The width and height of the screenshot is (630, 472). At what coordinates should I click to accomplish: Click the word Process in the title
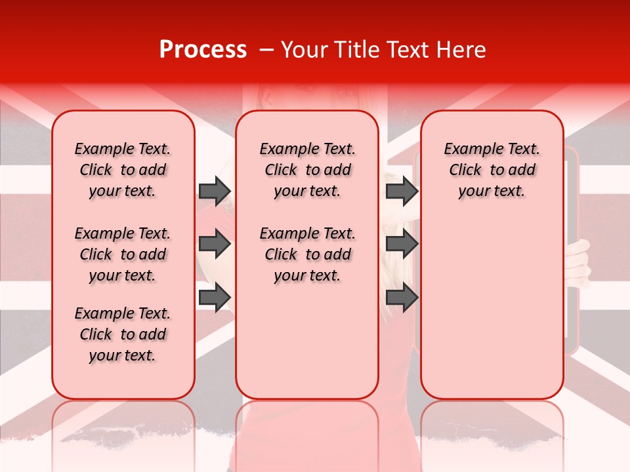click(203, 50)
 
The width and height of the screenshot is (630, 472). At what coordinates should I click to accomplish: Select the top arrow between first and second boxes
click(215, 191)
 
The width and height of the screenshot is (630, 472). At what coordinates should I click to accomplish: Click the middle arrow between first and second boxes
click(215, 245)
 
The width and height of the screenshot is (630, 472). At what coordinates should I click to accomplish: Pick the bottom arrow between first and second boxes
click(215, 298)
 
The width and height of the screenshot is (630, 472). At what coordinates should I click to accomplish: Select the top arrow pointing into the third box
click(402, 191)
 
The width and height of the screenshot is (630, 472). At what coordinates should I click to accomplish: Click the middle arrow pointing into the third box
click(402, 245)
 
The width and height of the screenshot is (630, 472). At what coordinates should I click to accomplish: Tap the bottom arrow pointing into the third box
click(402, 298)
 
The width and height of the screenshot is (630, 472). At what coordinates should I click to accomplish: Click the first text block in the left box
click(123, 170)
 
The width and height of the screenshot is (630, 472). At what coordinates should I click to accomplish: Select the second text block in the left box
click(123, 254)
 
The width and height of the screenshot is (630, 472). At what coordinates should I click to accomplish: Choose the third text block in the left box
click(123, 334)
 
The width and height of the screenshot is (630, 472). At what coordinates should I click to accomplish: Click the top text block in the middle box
click(307, 170)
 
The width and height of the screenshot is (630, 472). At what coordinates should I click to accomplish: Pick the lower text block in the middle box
click(307, 254)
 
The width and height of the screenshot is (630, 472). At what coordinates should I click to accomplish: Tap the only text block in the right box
click(492, 170)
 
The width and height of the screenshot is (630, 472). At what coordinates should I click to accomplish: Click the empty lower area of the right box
click(492, 308)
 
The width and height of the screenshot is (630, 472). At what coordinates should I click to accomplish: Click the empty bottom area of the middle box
click(307, 347)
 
